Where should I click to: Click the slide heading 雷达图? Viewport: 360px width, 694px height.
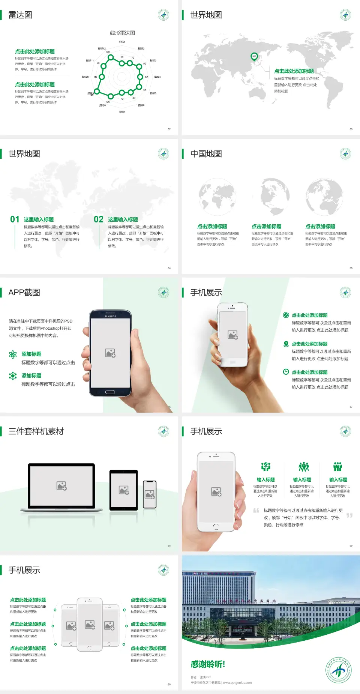click(x=20, y=15)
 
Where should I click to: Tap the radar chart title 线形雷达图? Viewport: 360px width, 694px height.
click(x=122, y=33)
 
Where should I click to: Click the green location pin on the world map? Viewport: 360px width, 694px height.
click(x=254, y=57)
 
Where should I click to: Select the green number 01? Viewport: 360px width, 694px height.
click(x=15, y=219)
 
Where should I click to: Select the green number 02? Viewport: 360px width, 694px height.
click(x=99, y=219)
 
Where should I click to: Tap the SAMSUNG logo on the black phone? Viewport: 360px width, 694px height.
click(x=110, y=316)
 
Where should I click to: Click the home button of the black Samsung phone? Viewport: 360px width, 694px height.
click(x=110, y=392)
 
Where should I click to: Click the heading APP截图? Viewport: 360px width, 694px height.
click(x=24, y=293)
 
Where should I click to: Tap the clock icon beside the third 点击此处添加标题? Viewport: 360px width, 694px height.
click(x=286, y=372)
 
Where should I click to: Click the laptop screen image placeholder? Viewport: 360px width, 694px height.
click(x=61, y=486)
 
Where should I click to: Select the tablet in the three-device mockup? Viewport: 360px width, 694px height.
click(x=124, y=490)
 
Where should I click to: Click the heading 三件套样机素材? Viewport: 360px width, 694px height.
click(x=36, y=431)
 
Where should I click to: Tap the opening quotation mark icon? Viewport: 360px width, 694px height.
click(x=256, y=511)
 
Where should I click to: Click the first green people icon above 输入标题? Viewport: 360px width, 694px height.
click(x=265, y=467)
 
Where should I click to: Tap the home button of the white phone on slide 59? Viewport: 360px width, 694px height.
click(x=216, y=527)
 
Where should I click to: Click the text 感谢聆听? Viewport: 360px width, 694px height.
click(x=208, y=664)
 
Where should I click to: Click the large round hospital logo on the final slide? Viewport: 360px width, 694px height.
click(x=339, y=670)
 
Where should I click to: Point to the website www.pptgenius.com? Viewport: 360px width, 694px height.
click(x=237, y=683)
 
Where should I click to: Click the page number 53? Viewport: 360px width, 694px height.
click(x=351, y=129)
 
